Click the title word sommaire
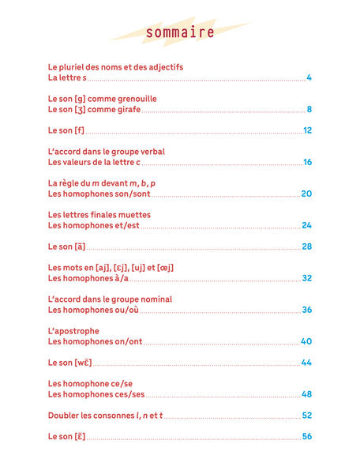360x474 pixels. click(180, 32)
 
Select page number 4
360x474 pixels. click(310, 77)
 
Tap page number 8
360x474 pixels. click(310, 109)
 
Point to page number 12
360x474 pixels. click(308, 130)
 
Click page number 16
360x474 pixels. click(308, 162)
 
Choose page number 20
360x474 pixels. click(307, 194)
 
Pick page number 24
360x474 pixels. click(307, 225)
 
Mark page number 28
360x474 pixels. click(307, 246)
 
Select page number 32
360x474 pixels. click(307, 278)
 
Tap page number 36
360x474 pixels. click(307, 310)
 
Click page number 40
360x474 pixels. click(307, 341)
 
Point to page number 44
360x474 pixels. click(307, 362)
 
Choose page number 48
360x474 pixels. click(307, 394)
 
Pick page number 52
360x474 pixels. click(307, 415)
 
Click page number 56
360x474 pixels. click(307, 436)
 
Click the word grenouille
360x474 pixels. click(133, 99)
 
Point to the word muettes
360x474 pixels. click(133, 214)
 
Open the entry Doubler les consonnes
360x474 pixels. click(86, 416)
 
